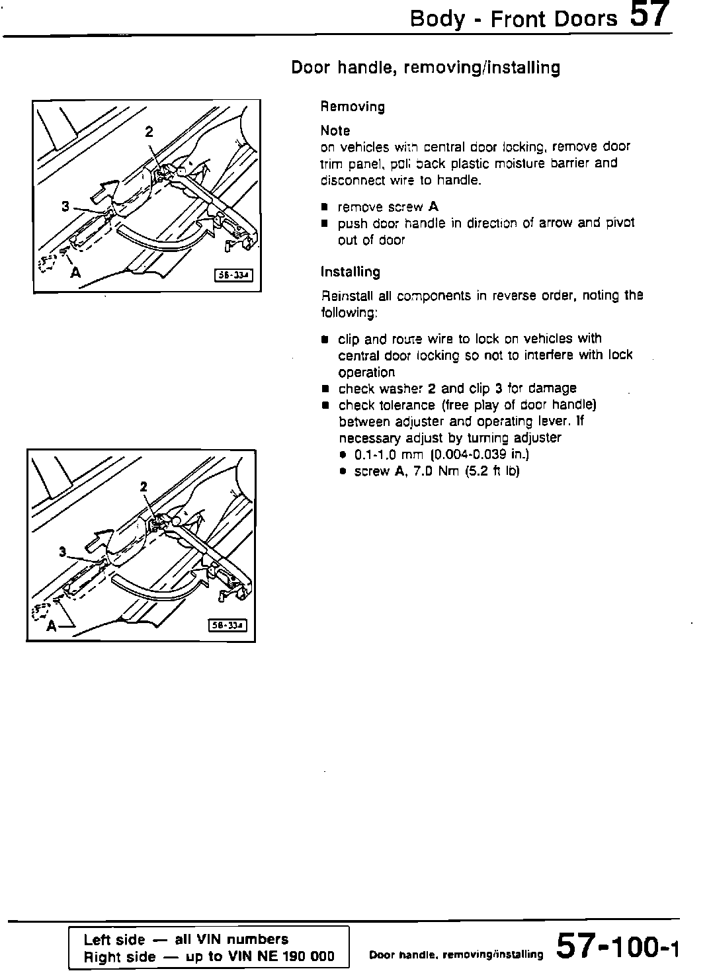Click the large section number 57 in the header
pyautogui.click(x=650, y=15)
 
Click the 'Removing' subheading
pyautogui.click(x=353, y=106)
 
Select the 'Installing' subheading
pyautogui.click(x=350, y=272)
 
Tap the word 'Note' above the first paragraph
pyautogui.click(x=335, y=130)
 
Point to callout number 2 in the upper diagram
pyautogui.click(x=149, y=132)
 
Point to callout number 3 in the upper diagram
pyautogui.click(x=65, y=206)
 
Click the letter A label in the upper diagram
pyautogui.click(x=76, y=271)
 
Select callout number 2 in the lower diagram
pyautogui.click(x=144, y=487)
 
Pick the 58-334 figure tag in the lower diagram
pyautogui.click(x=228, y=625)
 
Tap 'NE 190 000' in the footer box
pyautogui.click(x=297, y=956)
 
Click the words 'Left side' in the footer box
pyautogui.click(x=114, y=939)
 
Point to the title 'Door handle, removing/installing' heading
pyautogui.click(x=425, y=67)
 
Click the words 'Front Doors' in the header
pyautogui.click(x=553, y=19)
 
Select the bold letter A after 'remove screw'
pyautogui.click(x=433, y=206)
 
